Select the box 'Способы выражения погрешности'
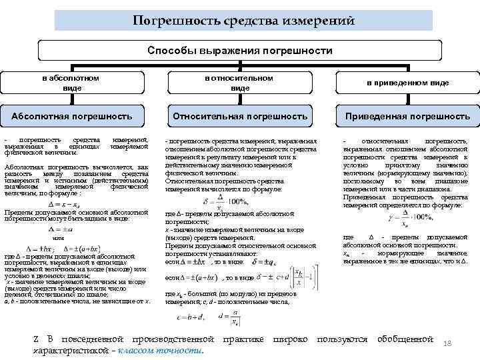[239, 51]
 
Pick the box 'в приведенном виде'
[407, 83]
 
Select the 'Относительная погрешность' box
[239, 116]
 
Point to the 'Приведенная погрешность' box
[407, 116]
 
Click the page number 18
[447, 343]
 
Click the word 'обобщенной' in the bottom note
[405, 339]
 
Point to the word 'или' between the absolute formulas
[57, 237]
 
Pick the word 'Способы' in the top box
[168, 51]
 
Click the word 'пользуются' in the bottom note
[342, 339]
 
